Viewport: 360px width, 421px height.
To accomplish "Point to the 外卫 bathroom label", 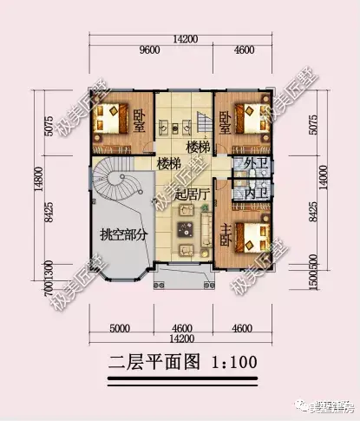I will (254, 163).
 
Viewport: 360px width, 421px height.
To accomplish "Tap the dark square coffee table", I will (184, 229).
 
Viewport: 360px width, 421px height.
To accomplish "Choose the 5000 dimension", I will (121, 328).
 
